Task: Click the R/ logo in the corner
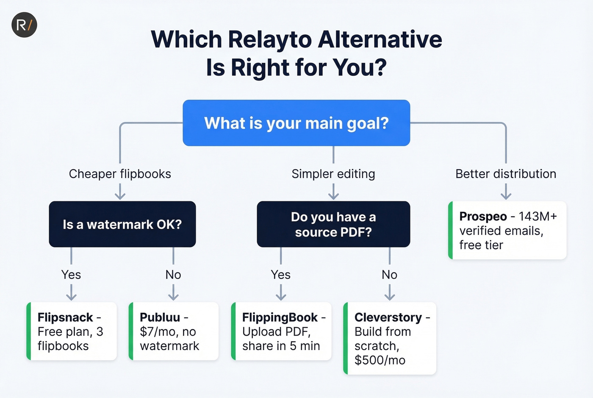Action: [24, 25]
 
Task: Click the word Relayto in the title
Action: [269, 39]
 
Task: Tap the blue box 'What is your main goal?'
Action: [296, 123]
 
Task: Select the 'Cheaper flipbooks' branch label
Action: [120, 174]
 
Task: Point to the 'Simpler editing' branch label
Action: [333, 174]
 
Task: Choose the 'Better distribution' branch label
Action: [506, 174]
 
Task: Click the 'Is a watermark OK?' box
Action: [122, 224]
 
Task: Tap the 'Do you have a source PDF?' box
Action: [333, 224]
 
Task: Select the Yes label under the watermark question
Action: [71, 275]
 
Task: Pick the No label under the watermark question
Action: [173, 275]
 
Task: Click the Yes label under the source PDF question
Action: [281, 275]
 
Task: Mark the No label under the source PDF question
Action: [389, 275]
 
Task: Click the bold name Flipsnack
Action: [65, 317]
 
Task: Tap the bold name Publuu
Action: [160, 317]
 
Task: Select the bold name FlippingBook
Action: [280, 317]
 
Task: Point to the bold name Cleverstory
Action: [388, 317]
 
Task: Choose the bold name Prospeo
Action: [483, 217]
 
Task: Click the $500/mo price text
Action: [380, 360]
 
